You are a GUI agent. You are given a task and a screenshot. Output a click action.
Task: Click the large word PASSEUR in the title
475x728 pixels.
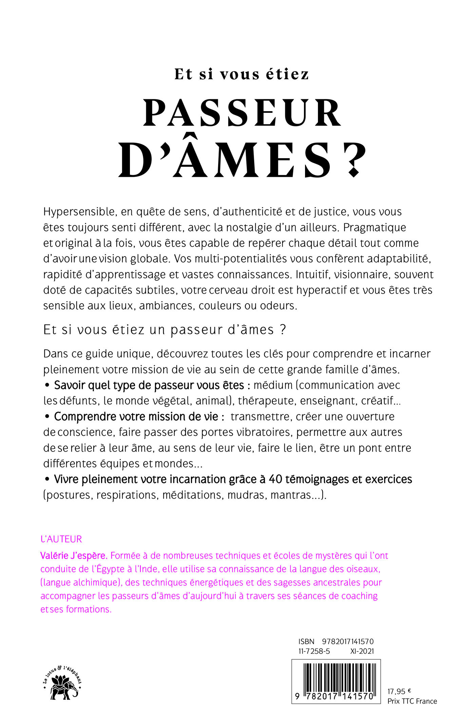point(242,113)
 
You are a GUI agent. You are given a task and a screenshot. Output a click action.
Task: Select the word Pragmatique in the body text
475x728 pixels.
point(375,227)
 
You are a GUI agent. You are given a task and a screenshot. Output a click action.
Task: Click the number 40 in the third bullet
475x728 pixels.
point(275,479)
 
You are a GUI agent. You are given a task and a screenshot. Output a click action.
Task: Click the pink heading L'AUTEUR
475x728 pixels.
point(61,539)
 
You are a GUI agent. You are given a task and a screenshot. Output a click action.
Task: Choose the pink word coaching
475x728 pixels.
point(359,596)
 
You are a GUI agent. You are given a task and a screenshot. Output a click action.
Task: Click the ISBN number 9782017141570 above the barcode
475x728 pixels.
point(348,642)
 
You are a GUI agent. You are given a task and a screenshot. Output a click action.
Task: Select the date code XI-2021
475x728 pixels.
point(362,651)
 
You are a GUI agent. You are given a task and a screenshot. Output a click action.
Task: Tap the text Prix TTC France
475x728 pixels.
point(412,701)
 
